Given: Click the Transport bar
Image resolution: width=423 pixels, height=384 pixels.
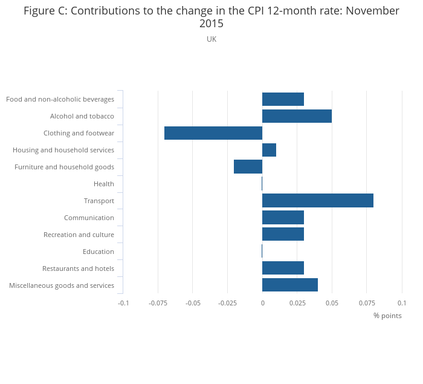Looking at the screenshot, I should (318, 201).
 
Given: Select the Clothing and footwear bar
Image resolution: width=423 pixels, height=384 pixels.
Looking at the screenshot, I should (213, 133).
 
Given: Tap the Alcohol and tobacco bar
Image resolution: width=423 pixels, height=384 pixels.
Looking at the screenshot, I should (297, 116).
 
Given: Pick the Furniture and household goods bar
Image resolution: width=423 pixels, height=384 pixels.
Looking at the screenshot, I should (248, 167).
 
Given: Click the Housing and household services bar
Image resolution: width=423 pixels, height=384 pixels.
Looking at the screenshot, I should (269, 150).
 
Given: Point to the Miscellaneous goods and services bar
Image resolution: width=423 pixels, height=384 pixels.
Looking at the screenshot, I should (290, 285).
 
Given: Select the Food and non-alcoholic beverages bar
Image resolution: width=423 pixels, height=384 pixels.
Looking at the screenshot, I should (283, 99).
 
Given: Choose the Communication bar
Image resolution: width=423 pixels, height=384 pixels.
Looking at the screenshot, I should (283, 218).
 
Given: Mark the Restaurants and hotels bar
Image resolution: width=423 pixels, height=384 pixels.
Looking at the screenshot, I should (283, 268).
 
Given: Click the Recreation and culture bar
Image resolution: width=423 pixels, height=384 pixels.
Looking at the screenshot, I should (283, 235).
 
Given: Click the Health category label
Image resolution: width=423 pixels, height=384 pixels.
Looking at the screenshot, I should (104, 184).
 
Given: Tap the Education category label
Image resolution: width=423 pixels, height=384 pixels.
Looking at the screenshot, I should (98, 252).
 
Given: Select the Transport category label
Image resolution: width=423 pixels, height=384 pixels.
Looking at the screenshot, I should (99, 201).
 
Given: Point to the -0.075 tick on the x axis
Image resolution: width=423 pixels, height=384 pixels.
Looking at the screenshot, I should (158, 302).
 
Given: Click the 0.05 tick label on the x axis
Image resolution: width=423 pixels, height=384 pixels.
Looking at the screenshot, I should (332, 302).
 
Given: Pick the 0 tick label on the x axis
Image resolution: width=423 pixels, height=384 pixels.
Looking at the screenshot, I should (262, 302).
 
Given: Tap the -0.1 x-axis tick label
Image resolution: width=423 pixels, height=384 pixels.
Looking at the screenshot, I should (123, 302).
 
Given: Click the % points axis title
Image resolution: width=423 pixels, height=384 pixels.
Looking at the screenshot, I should (387, 316).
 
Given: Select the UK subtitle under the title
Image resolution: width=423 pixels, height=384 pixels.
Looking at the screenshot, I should (211, 39).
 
